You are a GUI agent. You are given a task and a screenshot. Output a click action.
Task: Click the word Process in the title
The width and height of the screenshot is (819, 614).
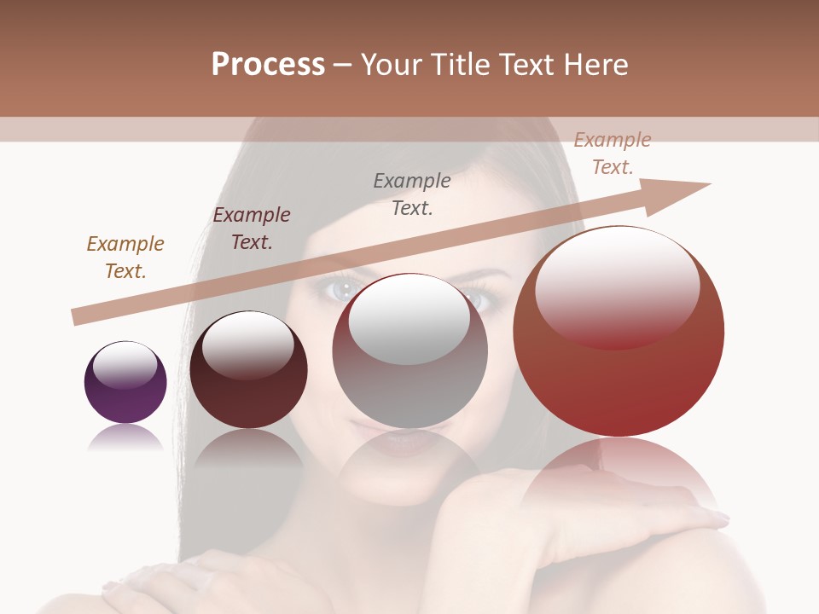[x=268, y=65]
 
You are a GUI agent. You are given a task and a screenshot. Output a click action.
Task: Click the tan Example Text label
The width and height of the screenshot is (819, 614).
[x=125, y=258]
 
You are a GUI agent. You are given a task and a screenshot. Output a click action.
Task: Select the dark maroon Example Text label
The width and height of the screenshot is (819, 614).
[x=252, y=229]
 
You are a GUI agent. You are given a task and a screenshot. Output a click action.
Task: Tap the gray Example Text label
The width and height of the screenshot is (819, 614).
[x=412, y=194]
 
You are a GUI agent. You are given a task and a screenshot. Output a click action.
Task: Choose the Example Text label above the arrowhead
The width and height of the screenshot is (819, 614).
[x=613, y=153]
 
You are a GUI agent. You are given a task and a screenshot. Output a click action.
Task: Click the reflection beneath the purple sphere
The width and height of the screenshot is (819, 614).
[x=125, y=438]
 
